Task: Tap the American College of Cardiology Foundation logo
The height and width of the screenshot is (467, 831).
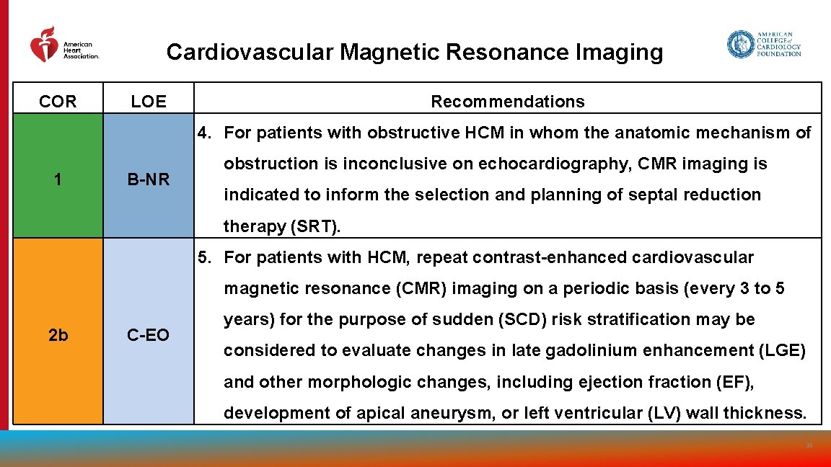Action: click(763, 44)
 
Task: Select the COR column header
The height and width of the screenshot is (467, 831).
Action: click(58, 102)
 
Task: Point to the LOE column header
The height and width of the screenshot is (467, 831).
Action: click(149, 102)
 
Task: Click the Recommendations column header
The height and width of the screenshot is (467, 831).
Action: click(508, 102)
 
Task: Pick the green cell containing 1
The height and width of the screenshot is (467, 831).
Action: click(58, 179)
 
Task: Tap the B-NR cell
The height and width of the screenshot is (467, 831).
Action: click(149, 179)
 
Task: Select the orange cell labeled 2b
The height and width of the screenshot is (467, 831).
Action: click(58, 334)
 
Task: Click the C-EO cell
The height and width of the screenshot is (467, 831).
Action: click(149, 334)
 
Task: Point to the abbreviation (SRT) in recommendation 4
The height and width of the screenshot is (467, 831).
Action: click(316, 226)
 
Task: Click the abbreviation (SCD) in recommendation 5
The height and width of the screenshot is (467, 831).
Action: click(524, 319)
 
